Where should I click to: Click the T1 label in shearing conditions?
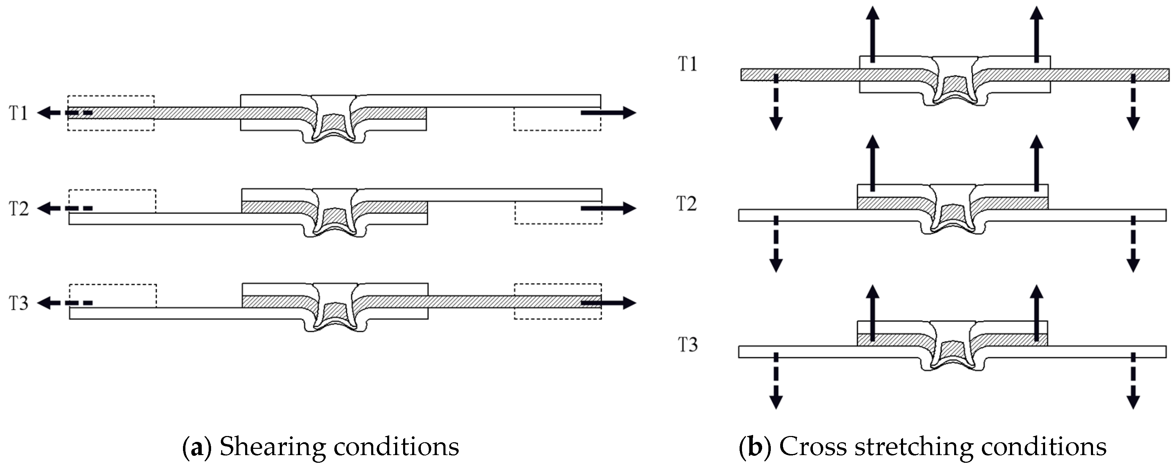[x=19, y=113]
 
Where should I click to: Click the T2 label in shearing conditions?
[x=19, y=209]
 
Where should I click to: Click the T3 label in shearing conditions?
[x=19, y=303]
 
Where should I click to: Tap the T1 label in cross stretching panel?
[x=687, y=64]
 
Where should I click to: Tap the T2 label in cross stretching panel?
[x=687, y=204]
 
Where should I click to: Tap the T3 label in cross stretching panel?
[x=687, y=345]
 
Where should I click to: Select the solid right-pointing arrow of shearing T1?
[x=609, y=113]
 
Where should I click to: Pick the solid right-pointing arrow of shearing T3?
[x=609, y=303]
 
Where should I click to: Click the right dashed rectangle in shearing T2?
[x=558, y=213]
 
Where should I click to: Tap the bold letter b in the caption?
[x=755, y=447]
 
